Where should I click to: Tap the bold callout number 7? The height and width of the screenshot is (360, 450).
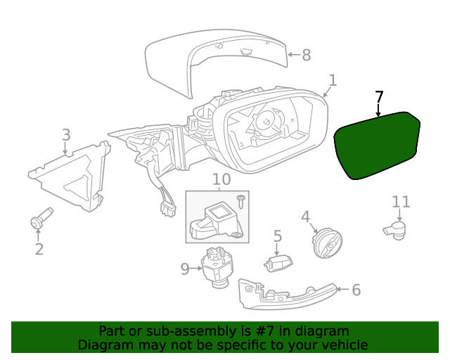click(380, 97)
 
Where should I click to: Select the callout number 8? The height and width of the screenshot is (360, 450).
click(306, 55)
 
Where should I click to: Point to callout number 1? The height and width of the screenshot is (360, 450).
click(332, 81)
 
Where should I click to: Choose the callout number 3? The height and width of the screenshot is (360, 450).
click(65, 134)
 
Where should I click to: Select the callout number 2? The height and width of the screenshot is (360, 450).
click(39, 248)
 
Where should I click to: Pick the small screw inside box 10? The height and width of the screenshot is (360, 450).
click(240, 202)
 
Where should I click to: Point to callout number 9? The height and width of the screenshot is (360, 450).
click(185, 269)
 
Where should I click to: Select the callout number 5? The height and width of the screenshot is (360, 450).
click(278, 237)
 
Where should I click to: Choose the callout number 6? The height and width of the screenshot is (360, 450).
click(356, 289)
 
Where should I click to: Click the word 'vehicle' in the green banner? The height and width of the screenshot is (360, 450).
click(343, 345)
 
